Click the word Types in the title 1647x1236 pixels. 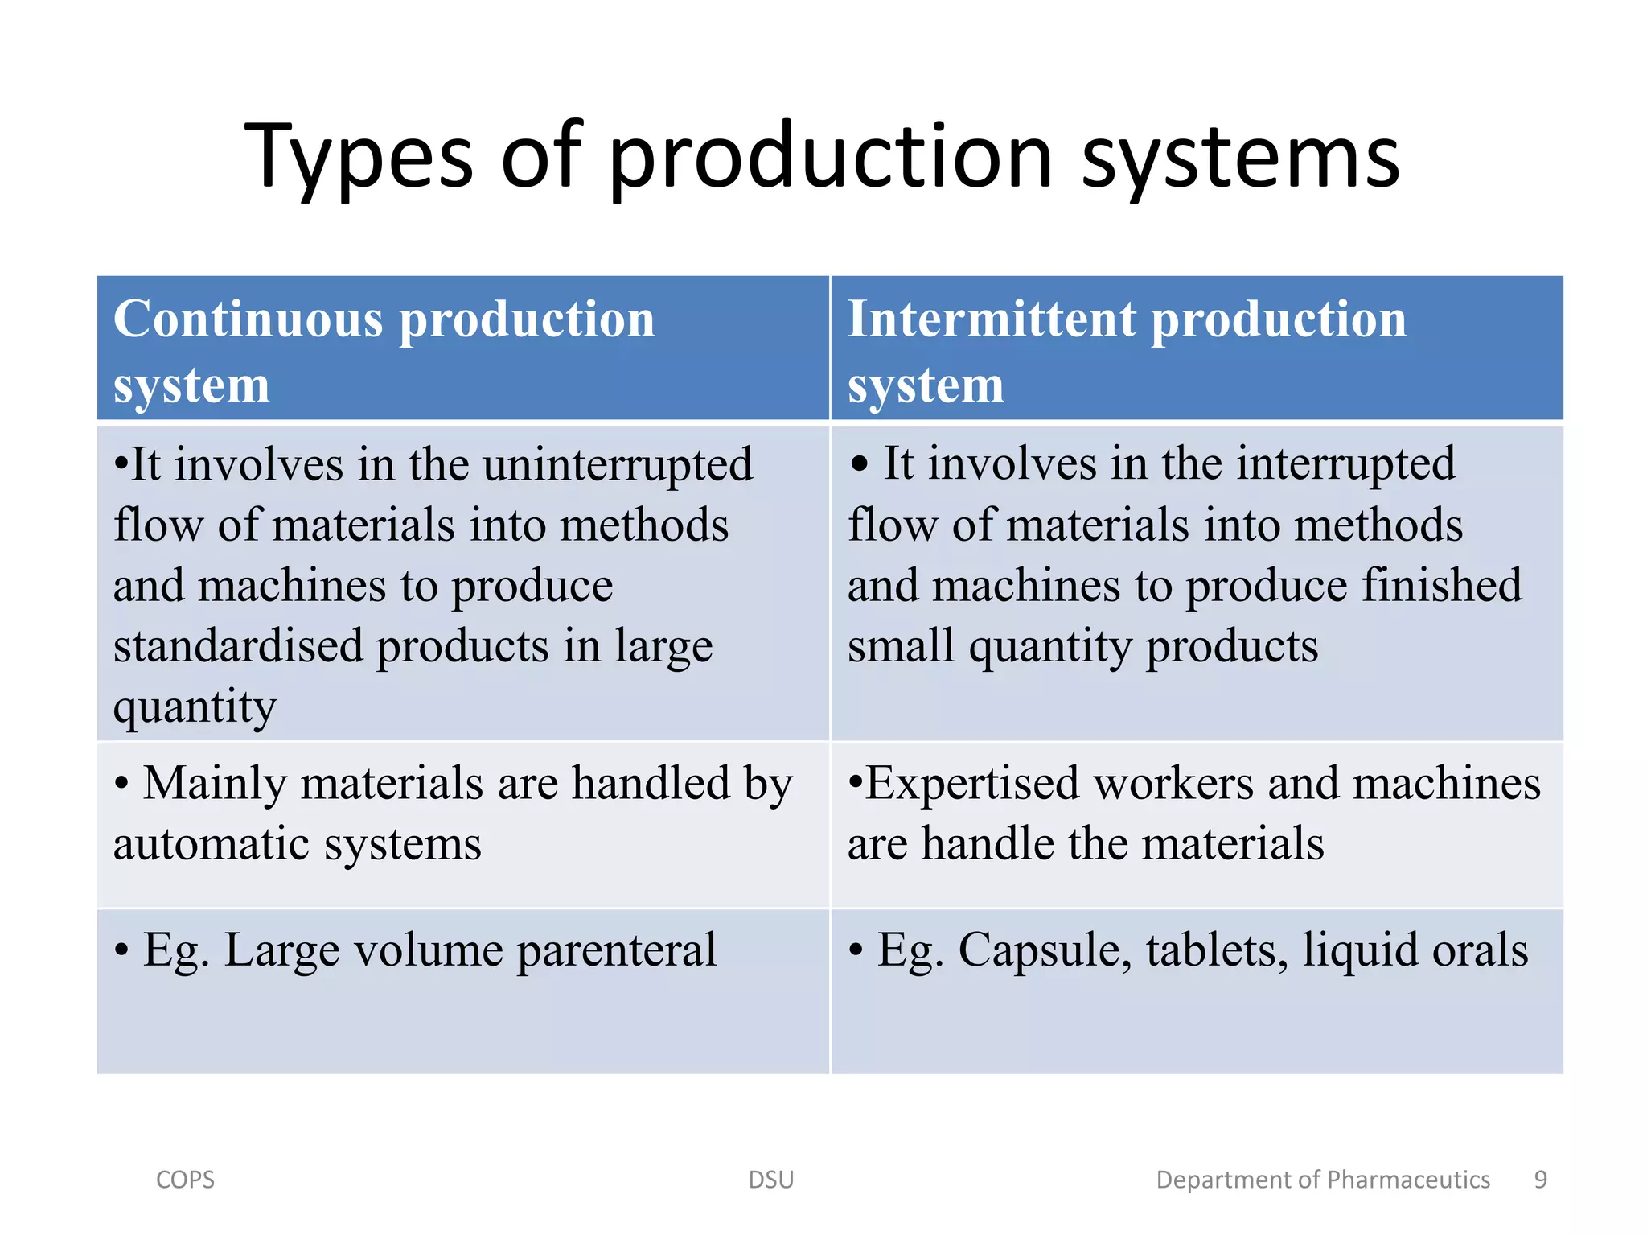359,157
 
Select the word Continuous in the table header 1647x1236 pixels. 248,319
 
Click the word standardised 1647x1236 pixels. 238,645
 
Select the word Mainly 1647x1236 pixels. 215,783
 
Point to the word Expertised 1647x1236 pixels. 972,783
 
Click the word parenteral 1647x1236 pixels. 616,950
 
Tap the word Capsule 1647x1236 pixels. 1045,950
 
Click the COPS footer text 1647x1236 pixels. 185,1180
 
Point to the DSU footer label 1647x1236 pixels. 770,1180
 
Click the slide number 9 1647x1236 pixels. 1540,1180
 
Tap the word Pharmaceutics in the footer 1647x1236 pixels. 1408,1180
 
